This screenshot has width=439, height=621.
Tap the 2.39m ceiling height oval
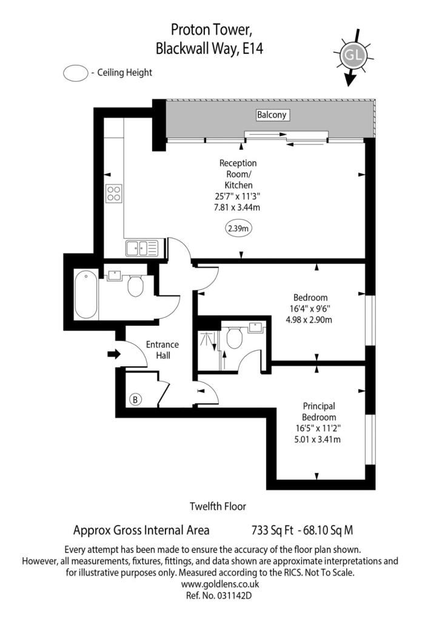238,229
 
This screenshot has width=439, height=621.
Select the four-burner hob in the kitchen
113,193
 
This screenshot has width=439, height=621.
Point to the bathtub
85,296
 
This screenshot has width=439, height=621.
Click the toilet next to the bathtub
135,286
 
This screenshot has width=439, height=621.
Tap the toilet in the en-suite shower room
234,338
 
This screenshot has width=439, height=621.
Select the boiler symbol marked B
136,399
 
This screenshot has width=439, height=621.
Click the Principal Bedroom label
319,412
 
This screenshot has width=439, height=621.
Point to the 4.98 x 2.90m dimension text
310,320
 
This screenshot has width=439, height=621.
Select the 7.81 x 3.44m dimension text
238,207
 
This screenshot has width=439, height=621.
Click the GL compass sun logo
353,56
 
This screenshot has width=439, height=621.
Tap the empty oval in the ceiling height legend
75,73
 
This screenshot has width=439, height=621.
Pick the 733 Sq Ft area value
269,530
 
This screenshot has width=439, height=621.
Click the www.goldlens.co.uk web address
220,584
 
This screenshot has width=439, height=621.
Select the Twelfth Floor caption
218,506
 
